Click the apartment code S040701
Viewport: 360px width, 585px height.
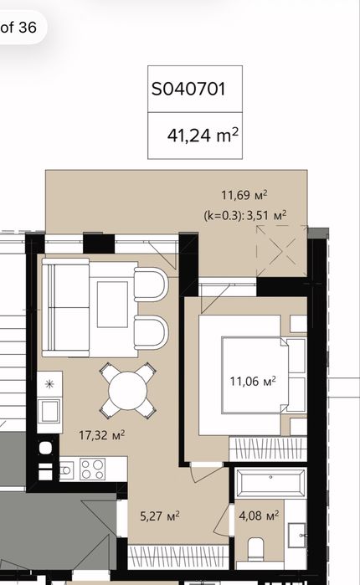pyautogui.click(x=188, y=90)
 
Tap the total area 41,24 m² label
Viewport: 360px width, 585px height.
pyautogui.click(x=203, y=135)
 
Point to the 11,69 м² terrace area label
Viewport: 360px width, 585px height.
pyautogui.click(x=244, y=195)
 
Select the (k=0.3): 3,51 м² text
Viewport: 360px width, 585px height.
pyautogui.click(x=245, y=215)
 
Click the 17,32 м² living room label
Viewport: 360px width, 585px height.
pyautogui.click(x=102, y=435)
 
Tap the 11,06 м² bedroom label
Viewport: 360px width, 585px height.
pyautogui.click(x=253, y=382)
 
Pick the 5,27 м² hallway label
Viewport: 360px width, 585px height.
pyautogui.click(x=160, y=516)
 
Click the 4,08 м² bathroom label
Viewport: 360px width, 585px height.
pyautogui.click(x=259, y=516)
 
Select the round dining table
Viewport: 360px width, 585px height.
pyautogui.click(x=127, y=391)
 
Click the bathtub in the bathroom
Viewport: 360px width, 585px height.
pyautogui.click(x=271, y=483)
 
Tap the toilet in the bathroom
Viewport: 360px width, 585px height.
pyautogui.click(x=255, y=548)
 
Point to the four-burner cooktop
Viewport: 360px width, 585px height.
pyautogui.click(x=93, y=470)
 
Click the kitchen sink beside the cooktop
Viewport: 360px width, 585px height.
pyautogui.click(x=67, y=470)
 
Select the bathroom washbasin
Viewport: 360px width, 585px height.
pyautogui.click(x=297, y=536)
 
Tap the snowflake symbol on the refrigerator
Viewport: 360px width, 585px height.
pyautogui.click(x=49, y=383)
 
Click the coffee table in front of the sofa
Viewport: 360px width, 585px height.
pyautogui.click(x=113, y=305)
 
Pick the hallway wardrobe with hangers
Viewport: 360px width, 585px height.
pyautogui.click(x=178, y=557)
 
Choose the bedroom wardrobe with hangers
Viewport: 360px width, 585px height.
pyautogui.click(x=268, y=449)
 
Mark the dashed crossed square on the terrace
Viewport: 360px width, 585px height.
pyautogui.click(x=281, y=251)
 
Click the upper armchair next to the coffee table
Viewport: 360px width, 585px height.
pyautogui.click(x=151, y=285)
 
